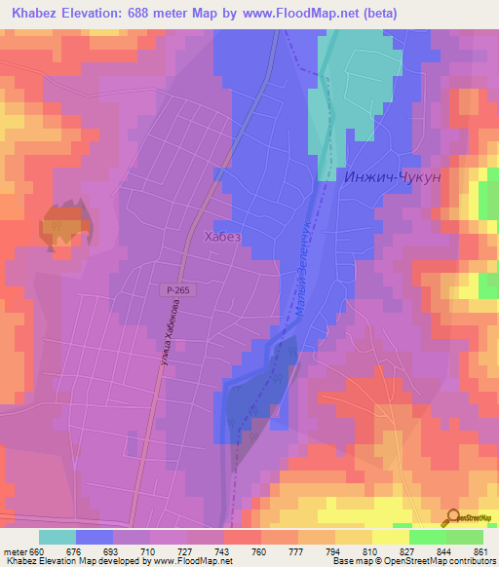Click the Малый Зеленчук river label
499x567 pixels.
tap(303, 283)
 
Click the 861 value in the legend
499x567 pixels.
tap(480, 551)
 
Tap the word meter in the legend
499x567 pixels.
tap(17, 551)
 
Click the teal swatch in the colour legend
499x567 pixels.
tap(58, 537)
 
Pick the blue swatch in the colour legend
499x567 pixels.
tap(95, 537)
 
